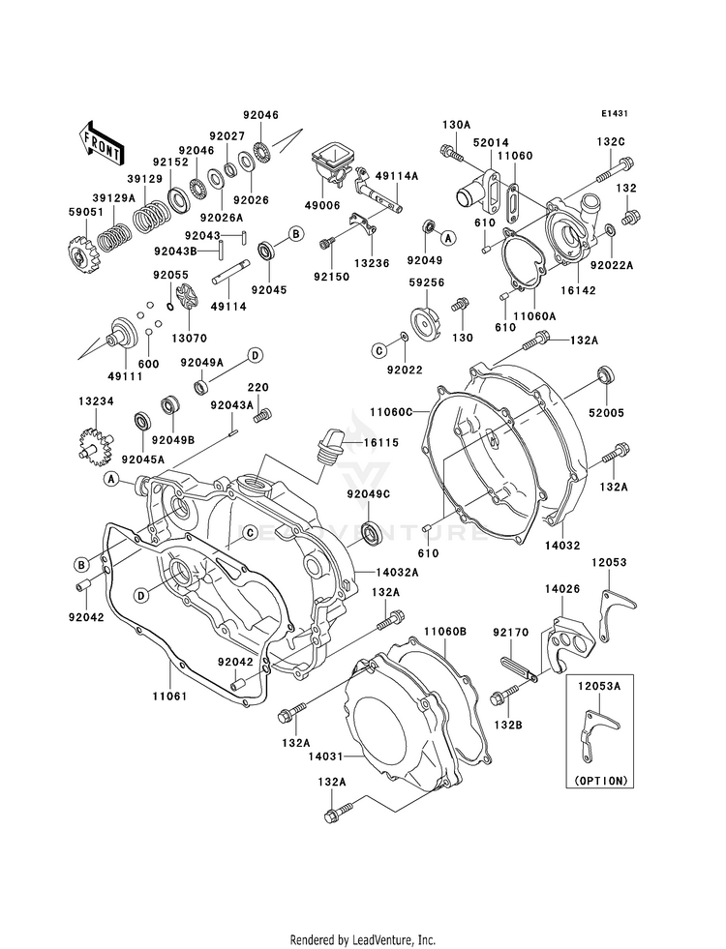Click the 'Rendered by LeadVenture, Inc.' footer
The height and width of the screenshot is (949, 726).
(x=363, y=939)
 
